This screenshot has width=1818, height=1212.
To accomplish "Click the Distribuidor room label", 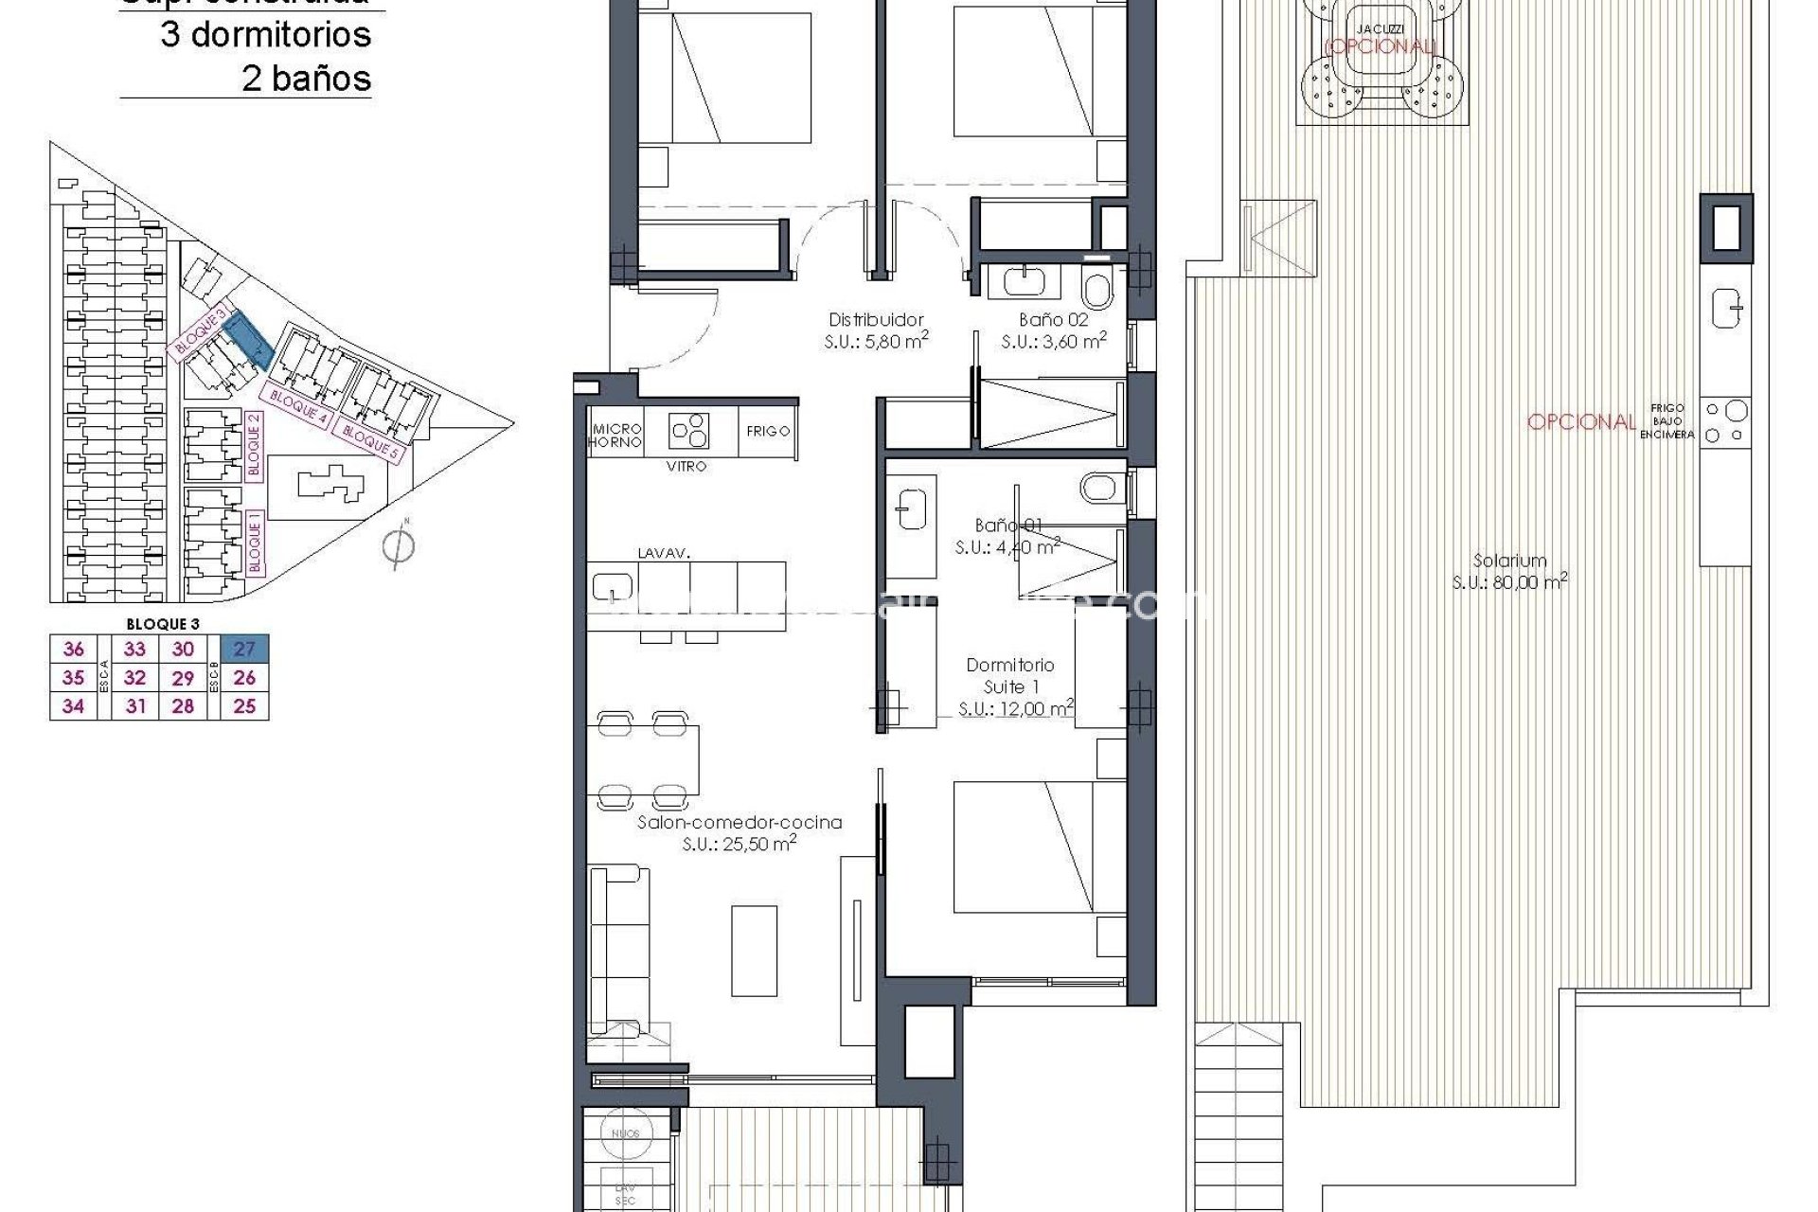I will [875, 320].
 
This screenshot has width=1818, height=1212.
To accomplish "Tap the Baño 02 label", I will [1053, 320].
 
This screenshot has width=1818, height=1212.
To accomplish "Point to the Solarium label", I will [1509, 561].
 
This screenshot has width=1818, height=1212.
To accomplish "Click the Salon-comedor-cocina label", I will [739, 823].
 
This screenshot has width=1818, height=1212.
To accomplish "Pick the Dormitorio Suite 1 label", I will [1009, 675].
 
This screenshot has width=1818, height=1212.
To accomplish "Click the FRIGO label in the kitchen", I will [767, 431].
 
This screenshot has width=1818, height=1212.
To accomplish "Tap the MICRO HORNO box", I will [615, 436].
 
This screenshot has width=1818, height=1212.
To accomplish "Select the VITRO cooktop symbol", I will [688, 431].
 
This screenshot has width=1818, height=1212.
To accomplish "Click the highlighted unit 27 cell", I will [244, 649].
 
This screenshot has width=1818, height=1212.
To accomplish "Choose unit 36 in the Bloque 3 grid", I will [73, 649].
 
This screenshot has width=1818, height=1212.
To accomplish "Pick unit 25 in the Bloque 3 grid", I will [244, 705].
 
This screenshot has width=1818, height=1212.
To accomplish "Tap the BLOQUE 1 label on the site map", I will [254, 542].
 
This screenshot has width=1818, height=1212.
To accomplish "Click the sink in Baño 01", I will [910, 511].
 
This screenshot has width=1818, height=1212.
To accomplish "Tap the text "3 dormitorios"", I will [265, 35].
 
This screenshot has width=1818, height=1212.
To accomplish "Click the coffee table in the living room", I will [755, 950].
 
